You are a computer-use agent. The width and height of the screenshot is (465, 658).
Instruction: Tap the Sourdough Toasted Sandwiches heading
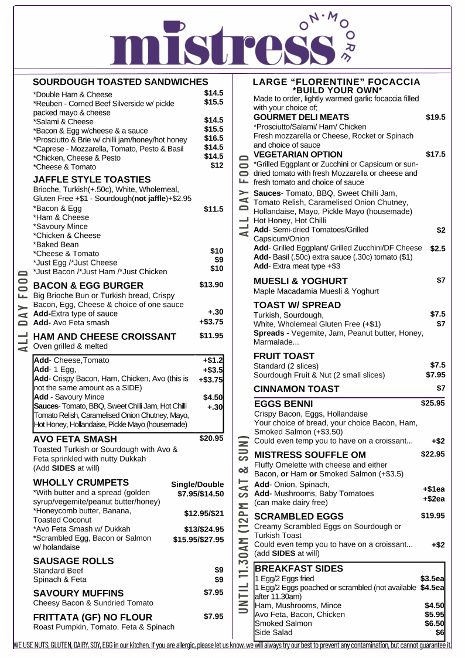121,82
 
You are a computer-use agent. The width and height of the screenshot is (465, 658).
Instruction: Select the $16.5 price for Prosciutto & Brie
214,138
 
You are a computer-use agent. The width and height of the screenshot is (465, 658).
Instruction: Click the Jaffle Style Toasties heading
92,179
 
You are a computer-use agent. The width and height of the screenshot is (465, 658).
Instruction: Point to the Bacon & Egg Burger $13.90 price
211,285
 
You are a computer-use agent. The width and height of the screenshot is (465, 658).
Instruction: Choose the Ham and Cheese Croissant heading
105,336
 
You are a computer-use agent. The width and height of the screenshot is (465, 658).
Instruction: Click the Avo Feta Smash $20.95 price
211,438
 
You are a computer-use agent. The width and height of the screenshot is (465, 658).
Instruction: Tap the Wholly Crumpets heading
81,483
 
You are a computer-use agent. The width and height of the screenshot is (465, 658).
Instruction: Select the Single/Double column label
197,485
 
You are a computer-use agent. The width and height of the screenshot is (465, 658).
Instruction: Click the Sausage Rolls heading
73,561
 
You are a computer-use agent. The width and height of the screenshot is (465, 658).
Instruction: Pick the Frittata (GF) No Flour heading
93,617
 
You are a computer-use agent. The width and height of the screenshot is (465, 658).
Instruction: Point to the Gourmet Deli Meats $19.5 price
435,117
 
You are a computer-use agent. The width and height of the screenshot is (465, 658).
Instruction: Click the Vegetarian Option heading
298,155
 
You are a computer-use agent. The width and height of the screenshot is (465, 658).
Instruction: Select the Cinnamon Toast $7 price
441,388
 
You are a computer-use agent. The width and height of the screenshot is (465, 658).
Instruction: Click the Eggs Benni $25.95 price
433,403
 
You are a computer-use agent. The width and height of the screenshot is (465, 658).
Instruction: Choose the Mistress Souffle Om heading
310,455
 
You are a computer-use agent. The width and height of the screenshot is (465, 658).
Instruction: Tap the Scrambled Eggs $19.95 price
433,516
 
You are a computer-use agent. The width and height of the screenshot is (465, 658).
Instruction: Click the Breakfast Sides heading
299,568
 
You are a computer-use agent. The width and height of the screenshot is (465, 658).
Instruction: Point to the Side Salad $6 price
440,633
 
